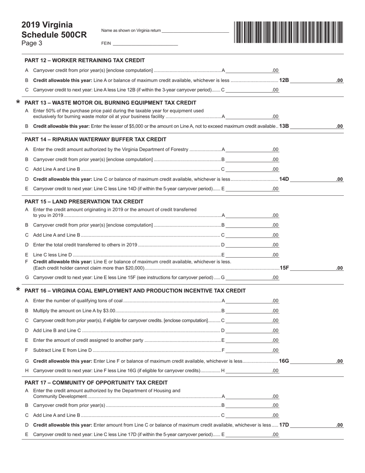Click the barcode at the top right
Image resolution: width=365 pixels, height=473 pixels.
point(288,32)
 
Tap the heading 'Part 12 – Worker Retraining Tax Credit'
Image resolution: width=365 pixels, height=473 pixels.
point(85,60)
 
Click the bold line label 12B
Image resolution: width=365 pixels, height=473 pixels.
point(284,80)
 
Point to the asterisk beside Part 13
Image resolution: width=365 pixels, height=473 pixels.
point(18,102)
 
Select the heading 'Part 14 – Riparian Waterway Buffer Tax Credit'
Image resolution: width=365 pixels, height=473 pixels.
point(95,139)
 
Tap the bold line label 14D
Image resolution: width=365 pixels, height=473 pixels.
point(284,179)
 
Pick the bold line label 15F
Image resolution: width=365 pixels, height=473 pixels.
point(284,268)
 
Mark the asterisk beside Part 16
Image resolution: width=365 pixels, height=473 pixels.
point(18,290)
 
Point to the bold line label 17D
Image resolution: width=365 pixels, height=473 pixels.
point(284,425)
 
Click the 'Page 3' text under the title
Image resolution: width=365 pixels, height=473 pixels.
point(32,43)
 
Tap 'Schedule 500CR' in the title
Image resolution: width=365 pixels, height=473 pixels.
point(54,35)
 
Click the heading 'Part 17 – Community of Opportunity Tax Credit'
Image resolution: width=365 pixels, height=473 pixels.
point(96,383)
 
